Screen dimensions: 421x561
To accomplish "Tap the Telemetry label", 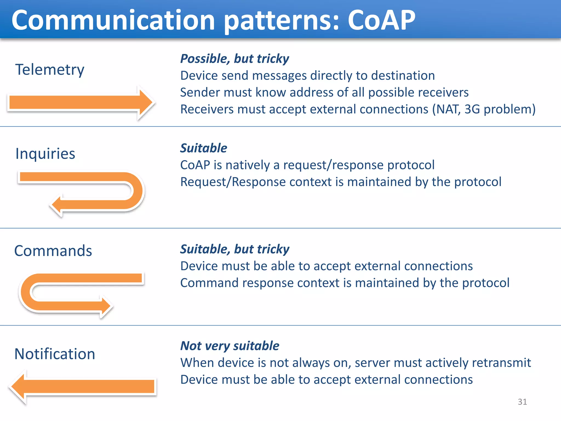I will [50, 69].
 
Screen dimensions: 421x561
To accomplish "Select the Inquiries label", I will [45, 153].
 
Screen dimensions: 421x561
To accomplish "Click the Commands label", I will [53, 251].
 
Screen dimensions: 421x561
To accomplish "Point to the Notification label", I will [55, 354].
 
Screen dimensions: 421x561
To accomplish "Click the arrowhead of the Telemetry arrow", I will [145, 103].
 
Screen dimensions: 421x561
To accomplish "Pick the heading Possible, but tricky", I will [234, 59].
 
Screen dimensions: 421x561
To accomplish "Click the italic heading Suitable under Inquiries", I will [204, 148].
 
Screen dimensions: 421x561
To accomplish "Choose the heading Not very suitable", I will [230, 346].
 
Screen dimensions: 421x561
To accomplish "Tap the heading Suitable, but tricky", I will [234, 249].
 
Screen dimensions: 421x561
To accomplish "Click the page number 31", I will [522, 402].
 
